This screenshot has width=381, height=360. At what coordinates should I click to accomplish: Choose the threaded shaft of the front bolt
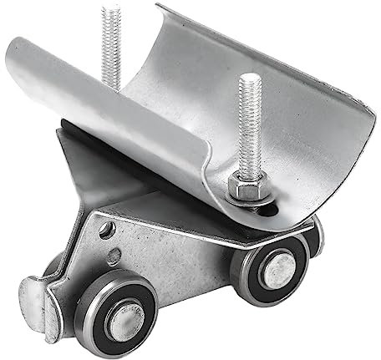(x=248, y=134)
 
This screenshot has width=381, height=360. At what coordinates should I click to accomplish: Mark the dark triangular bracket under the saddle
(x=92, y=167)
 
